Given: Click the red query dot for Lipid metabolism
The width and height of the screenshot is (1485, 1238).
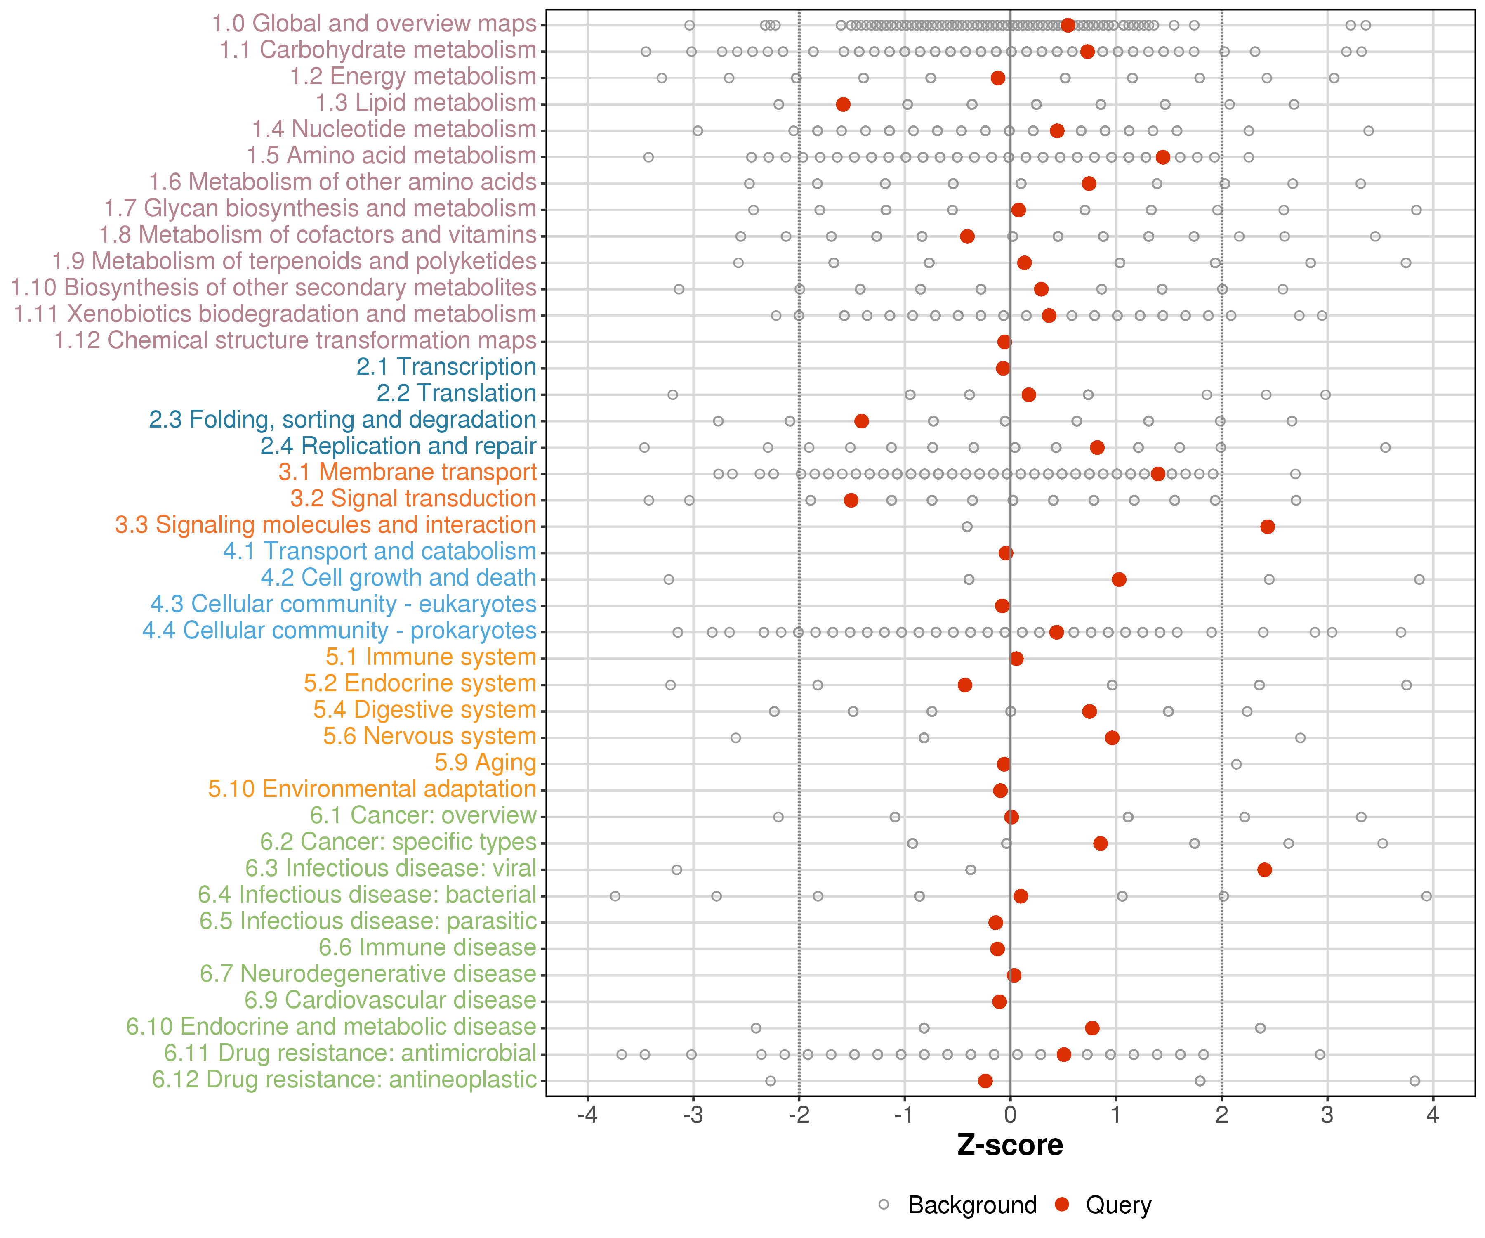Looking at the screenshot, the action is pyautogui.click(x=843, y=105).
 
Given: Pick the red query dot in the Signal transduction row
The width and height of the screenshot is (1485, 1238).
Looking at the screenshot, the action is pyautogui.click(x=851, y=500).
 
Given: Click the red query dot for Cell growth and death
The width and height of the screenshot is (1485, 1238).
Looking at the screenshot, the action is pyautogui.click(x=1119, y=579).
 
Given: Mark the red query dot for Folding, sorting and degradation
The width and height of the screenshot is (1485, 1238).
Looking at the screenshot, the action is pyautogui.click(x=861, y=421).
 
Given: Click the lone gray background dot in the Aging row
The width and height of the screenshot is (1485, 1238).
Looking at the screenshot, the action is pyautogui.click(x=1236, y=764).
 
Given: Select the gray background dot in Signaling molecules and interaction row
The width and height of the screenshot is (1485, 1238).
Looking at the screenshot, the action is pyautogui.click(x=966, y=526).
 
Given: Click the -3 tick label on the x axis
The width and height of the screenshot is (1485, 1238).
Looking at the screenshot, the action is pyautogui.click(x=693, y=1115).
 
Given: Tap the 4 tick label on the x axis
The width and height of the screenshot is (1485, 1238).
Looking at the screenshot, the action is pyautogui.click(x=1433, y=1115).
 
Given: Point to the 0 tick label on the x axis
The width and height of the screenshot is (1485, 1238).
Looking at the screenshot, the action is pyautogui.click(x=1010, y=1115).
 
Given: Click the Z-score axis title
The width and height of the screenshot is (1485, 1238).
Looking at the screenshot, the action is pyautogui.click(x=1010, y=1145).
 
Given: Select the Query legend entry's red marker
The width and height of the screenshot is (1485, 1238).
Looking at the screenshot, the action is pyautogui.click(x=1061, y=1204).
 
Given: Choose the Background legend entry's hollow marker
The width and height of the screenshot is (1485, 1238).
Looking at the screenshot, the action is pyautogui.click(x=884, y=1204).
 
